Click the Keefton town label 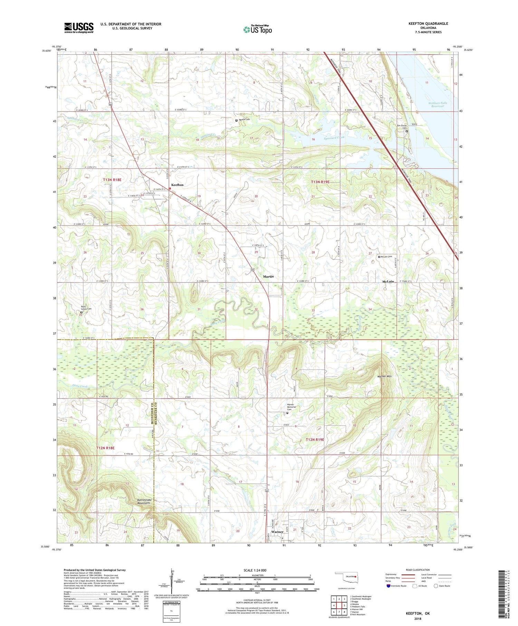tap(178, 185)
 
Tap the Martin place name tap(268, 277)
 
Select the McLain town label tap(388, 282)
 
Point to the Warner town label tap(277, 532)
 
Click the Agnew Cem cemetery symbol tap(237, 121)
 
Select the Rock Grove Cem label tap(86, 308)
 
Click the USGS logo tap(79, 28)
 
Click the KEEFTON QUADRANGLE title tap(428, 23)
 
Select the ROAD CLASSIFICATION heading tap(418, 570)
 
